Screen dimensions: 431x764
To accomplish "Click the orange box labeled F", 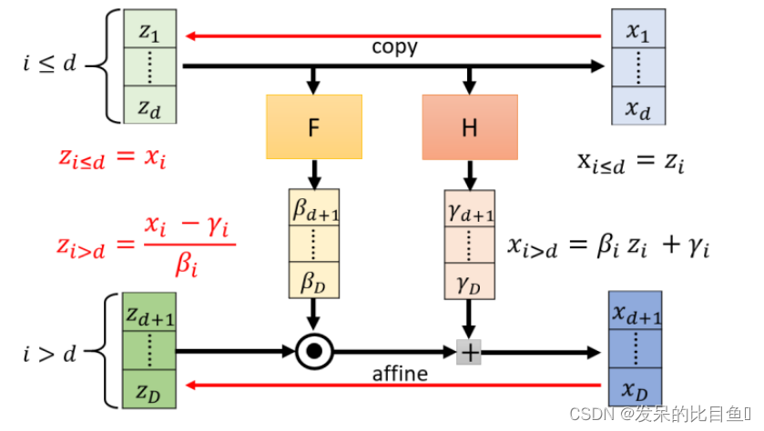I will [x=314, y=127].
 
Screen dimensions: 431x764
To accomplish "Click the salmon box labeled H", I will [x=469, y=127].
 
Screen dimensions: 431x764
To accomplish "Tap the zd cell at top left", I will [x=150, y=105].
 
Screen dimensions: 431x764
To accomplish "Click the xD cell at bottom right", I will [x=636, y=388].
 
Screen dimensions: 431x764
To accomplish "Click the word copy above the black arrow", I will [x=394, y=47].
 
